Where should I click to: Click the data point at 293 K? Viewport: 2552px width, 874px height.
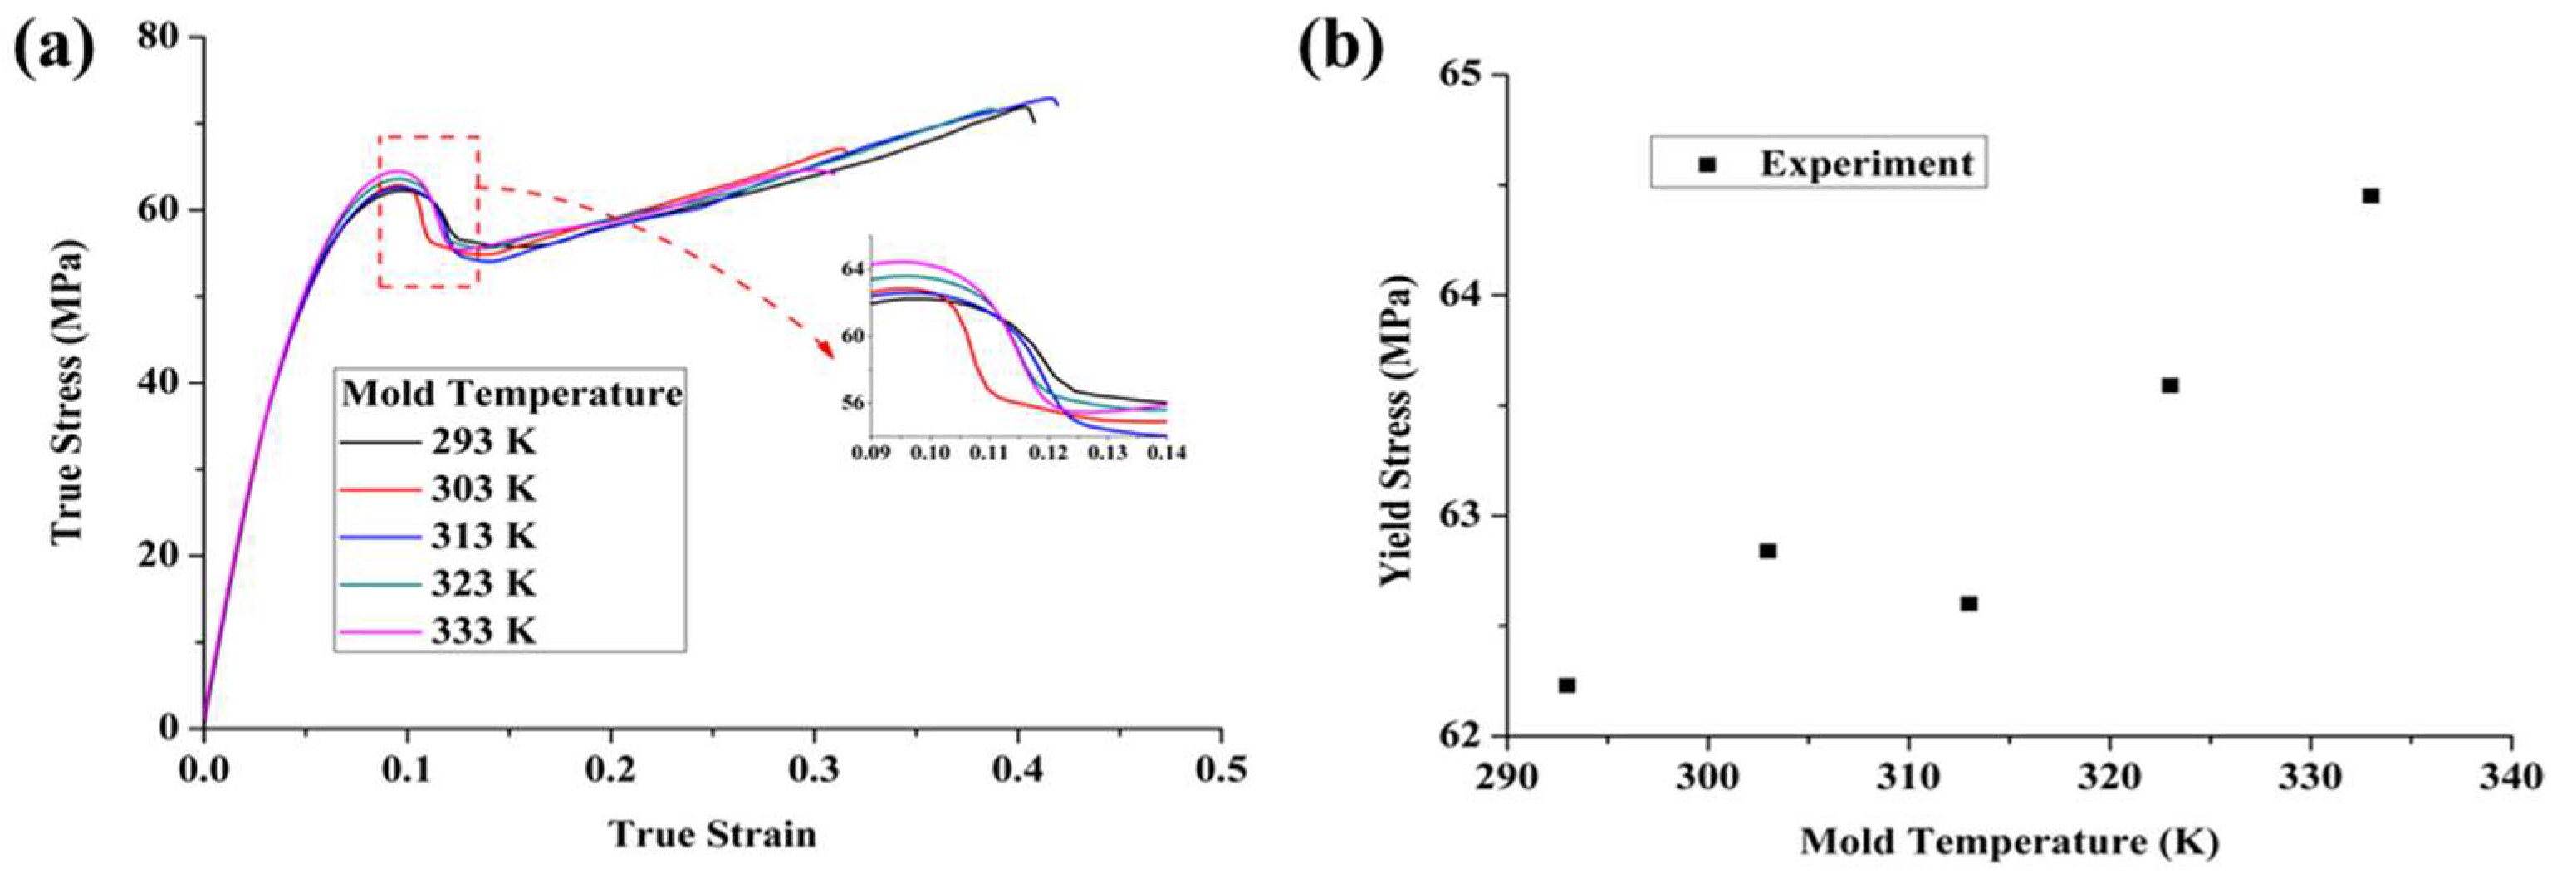point(1566,685)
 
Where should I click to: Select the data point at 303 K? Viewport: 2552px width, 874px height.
point(1767,550)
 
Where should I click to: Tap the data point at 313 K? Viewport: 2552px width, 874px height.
point(1968,602)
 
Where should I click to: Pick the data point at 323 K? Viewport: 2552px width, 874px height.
point(2170,385)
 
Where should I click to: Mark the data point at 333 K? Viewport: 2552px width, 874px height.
point(2371,195)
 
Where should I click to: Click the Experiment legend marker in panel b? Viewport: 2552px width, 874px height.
point(1706,164)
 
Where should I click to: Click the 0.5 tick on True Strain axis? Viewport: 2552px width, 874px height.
point(1221,769)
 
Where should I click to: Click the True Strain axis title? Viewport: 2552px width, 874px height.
point(713,834)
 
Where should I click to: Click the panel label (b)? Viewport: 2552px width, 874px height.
point(1342,47)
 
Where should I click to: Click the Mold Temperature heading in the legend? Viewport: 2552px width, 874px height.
point(512,394)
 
